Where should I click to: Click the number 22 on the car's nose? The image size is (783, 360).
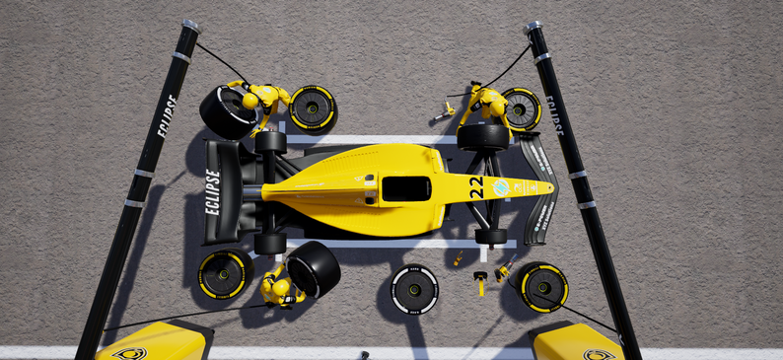476,187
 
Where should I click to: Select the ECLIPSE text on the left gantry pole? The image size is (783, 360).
163,115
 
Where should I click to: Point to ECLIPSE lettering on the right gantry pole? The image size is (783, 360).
554,115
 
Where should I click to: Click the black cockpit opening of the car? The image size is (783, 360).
405,188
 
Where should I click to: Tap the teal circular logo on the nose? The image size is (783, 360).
501,186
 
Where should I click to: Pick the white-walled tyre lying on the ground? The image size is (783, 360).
414,289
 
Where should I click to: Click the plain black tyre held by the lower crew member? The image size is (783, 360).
314,268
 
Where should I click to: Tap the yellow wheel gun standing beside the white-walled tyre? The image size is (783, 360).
480,283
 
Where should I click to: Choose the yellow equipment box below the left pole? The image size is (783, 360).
155,343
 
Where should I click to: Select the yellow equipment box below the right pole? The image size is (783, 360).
576,343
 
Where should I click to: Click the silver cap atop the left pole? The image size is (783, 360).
190,25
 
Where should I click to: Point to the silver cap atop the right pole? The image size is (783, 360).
532,27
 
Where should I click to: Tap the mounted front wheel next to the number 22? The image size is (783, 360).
482,136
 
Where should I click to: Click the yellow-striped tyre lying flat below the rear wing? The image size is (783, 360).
223,274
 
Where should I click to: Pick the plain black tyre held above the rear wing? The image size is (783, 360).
227,111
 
